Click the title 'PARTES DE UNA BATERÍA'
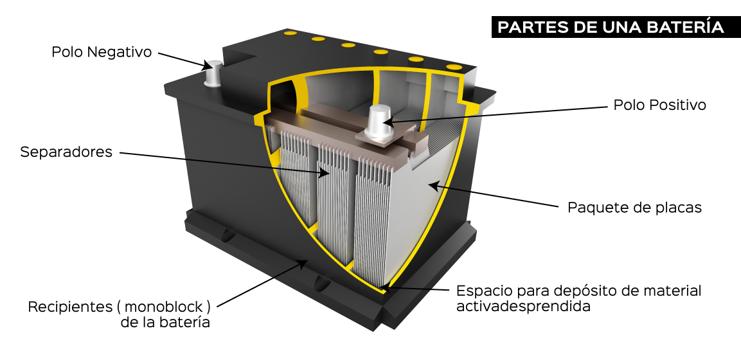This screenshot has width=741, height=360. coord(611,27)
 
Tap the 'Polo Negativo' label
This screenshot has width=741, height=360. coord(102,52)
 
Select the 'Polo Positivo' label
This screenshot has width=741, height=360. coord(660,105)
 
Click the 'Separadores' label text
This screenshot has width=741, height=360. coord(66,152)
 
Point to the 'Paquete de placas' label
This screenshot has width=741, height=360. coord(635,208)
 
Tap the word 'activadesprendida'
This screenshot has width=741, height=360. coord(524,306)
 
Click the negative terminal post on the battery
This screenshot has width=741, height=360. coord(213,73)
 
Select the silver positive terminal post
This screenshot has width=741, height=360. coord(379,122)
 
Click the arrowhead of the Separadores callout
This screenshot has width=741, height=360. coord(324,172)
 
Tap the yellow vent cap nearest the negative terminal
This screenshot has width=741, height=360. coord(290,33)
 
